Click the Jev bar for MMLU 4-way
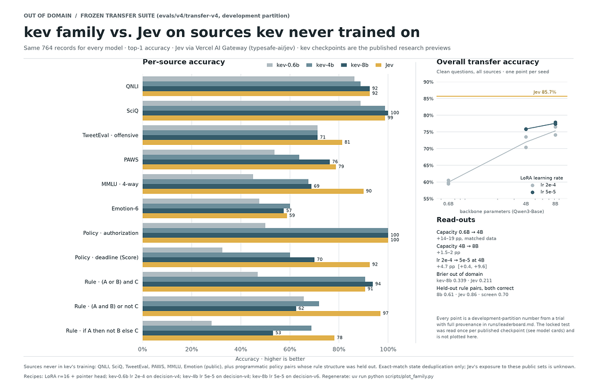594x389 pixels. click(x=253, y=191)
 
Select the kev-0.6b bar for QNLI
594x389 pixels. click(x=248, y=78)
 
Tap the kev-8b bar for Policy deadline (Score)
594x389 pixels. click(x=228, y=260)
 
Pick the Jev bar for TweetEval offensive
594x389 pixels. click(x=243, y=143)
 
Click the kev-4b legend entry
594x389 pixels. click(x=320, y=65)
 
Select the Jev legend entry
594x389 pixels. click(x=384, y=65)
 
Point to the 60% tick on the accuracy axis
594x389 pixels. click(x=290, y=349)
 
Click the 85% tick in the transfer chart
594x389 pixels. click(x=428, y=99)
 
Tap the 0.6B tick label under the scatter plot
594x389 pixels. click(x=448, y=204)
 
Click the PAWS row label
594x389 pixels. click(x=131, y=160)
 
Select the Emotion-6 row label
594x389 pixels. click(x=125, y=208)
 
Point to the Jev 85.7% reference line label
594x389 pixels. click(x=544, y=92)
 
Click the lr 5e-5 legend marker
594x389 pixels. click(x=532, y=192)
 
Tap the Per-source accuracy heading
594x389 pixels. click(x=184, y=62)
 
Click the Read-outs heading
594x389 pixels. click(x=456, y=220)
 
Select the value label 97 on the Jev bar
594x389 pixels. click(x=385, y=313)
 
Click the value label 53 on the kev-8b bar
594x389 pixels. click(x=278, y=333)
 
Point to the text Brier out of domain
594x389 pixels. click(x=459, y=274)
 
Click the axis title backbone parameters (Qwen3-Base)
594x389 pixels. click(x=502, y=212)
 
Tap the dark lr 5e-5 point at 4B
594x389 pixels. click(x=526, y=129)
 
